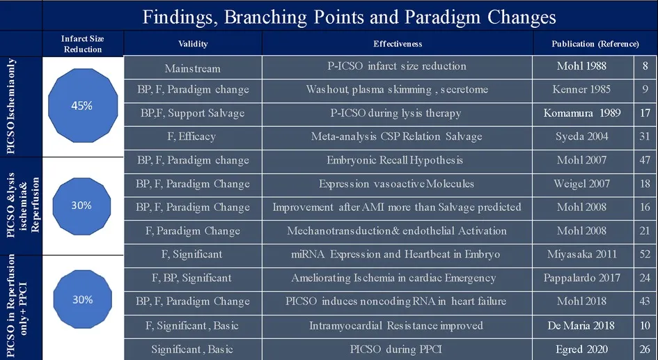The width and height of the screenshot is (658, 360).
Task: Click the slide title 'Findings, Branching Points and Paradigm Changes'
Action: pos(349,17)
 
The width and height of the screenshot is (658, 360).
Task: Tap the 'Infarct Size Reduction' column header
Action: pos(82,44)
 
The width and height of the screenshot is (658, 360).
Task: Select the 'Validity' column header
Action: pos(193,44)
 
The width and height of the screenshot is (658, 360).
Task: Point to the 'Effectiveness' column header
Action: pos(398,44)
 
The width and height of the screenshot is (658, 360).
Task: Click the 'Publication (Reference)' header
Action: pos(595,44)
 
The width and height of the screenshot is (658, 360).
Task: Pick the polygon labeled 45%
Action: pos(83,106)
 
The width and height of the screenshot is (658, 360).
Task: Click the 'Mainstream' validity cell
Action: pos(193,68)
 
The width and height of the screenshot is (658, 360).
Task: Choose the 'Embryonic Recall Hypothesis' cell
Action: pos(397,160)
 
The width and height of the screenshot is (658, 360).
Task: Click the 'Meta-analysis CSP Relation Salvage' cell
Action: pos(397,136)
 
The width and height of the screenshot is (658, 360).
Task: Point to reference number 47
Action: pos(645,160)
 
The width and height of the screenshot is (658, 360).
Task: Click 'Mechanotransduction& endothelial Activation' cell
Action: pos(397,230)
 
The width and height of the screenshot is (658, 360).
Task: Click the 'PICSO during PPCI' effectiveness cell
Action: pos(397,349)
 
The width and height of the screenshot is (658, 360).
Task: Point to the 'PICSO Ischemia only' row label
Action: pos(11,106)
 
